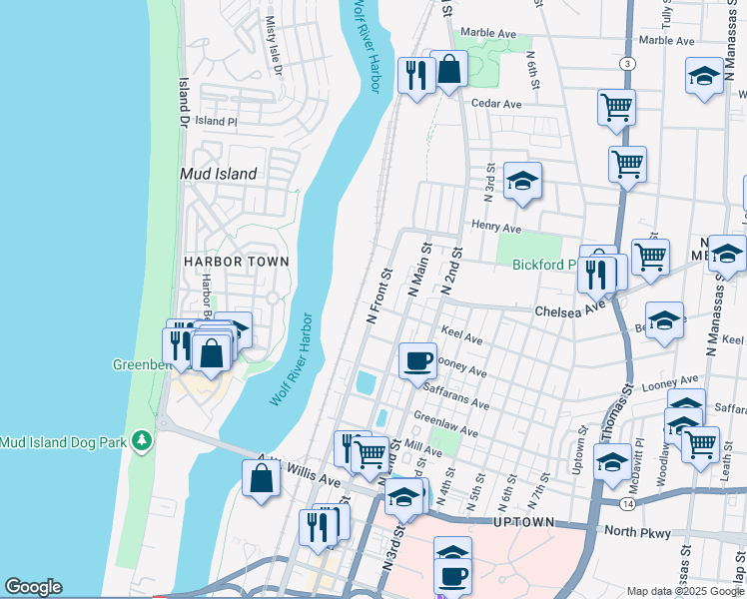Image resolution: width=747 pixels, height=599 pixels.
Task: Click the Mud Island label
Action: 218,173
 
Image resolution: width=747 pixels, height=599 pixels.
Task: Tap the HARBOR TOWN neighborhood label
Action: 236,262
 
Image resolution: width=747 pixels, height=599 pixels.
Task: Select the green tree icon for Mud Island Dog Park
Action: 143,439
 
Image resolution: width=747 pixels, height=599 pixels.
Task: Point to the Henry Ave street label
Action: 497,227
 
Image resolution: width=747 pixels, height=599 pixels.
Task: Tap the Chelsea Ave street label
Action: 570,310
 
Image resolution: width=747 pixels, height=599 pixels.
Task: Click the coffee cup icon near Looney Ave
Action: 417,360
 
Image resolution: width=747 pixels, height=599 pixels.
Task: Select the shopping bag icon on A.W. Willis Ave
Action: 261,476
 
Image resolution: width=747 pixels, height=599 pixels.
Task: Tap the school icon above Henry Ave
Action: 521,181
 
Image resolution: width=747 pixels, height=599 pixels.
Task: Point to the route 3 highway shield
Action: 626,64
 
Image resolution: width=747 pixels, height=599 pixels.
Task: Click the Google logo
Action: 33,587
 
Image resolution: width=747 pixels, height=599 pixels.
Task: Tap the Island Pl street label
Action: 216,121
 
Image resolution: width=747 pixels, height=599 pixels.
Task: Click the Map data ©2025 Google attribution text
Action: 685,590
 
